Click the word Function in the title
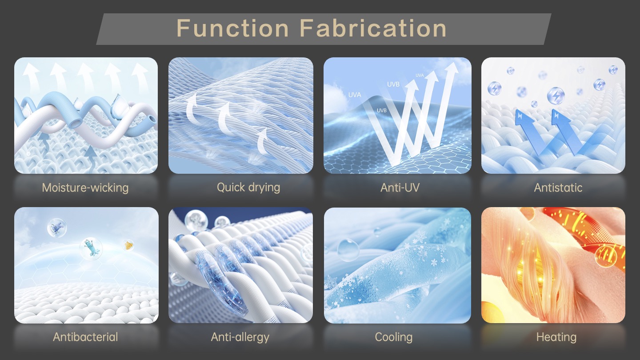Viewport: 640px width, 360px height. point(232,28)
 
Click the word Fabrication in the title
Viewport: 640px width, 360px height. point(373,28)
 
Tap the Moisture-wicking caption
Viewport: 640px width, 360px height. point(85,188)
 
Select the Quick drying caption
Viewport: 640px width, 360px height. point(248,188)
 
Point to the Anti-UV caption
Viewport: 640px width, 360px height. point(400,188)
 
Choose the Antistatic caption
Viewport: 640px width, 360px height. point(558,188)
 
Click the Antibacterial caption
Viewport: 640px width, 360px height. point(85,337)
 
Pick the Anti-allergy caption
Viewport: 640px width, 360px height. point(240,337)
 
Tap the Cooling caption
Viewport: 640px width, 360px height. point(393,337)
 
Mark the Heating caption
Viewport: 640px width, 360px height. point(556,337)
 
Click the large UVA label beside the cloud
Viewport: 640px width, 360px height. point(355,95)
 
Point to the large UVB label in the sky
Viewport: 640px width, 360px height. point(393,84)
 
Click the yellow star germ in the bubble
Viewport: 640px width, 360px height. point(128,245)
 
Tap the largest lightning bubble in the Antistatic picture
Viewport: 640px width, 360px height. point(556,96)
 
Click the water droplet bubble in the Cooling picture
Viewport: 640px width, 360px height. point(348,250)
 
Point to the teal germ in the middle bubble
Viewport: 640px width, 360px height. point(92,248)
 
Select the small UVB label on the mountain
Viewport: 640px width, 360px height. point(381,110)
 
